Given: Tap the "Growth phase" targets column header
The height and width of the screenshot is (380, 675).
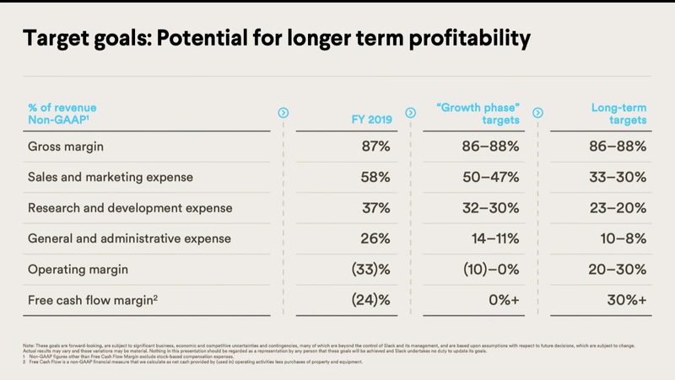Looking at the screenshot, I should (x=478, y=114).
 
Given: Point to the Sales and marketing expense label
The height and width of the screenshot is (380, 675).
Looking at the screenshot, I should (x=111, y=177).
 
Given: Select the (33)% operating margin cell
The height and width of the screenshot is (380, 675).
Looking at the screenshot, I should (x=367, y=270).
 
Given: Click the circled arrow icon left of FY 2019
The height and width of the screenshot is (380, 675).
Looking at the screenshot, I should (x=283, y=112).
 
